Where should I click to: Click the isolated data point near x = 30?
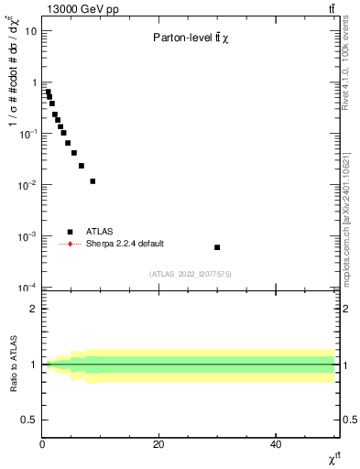pos(217,247)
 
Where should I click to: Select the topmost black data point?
pos(48,92)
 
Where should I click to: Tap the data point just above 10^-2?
pos(93,181)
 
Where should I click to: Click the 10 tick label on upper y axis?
pos(31,30)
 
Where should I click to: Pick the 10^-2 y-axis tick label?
pos(28,185)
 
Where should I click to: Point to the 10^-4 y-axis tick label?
pos(28,288)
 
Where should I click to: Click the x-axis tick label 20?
pos(158,443)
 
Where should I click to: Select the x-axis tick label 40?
pos(276,443)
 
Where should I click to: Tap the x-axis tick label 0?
pos(42,443)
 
